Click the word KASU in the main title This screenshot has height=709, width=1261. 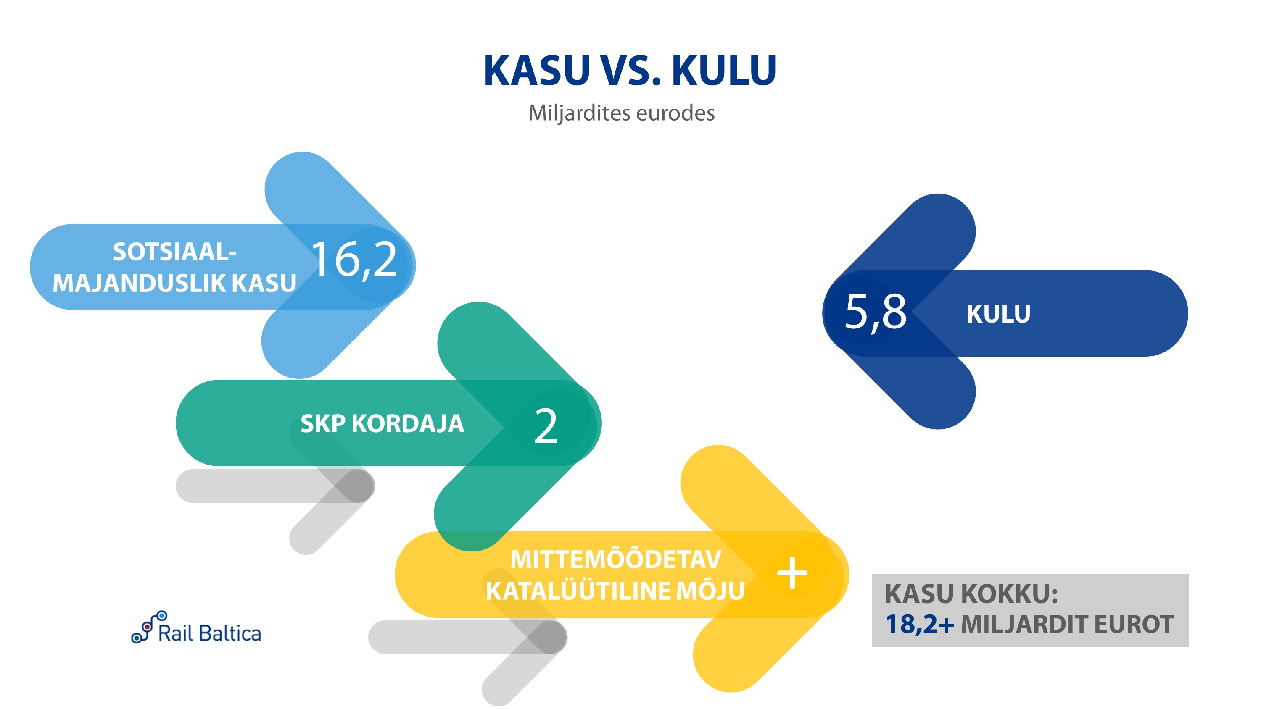(x=537, y=71)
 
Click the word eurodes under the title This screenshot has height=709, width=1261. (x=675, y=113)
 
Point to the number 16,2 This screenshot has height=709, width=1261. (x=354, y=260)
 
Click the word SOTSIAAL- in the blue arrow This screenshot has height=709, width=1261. (x=175, y=252)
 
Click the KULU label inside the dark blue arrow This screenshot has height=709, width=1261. (x=998, y=314)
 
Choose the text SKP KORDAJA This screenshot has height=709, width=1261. (x=382, y=424)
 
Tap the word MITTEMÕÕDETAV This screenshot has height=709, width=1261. (x=615, y=560)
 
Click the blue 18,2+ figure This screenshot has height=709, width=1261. (x=919, y=624)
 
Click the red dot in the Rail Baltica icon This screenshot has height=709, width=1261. (x=146, y=627)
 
